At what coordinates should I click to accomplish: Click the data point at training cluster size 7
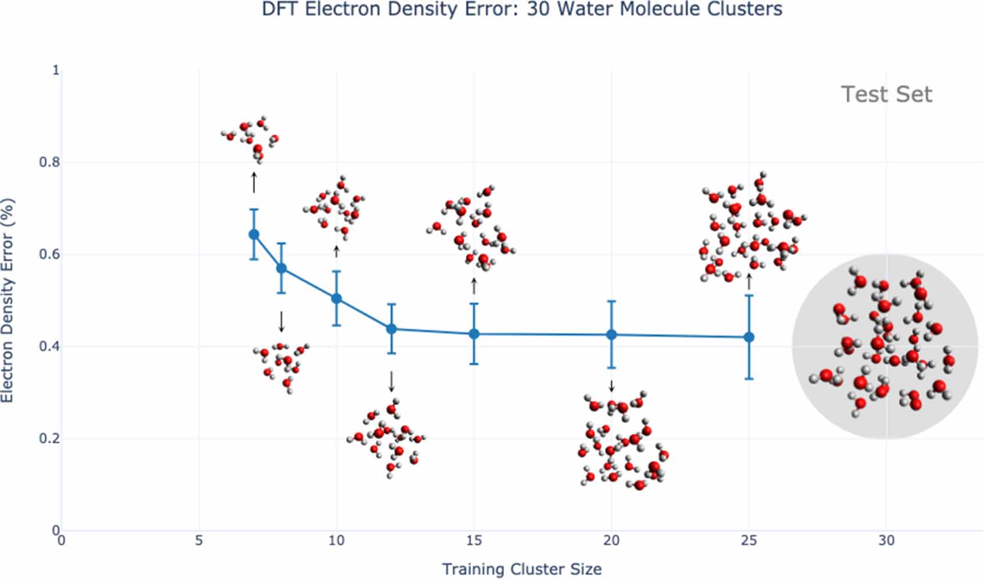pos(254,234)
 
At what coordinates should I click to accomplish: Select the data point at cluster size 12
pos(391,329)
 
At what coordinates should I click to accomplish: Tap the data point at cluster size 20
pos(612,335)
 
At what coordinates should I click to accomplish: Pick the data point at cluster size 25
pos(749,337)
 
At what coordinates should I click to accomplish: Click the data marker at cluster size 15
pos(473,334)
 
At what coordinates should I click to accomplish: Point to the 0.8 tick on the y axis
pos(49,162)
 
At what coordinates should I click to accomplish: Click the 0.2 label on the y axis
pos(49,439)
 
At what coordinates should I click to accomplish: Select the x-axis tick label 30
pos(886,540)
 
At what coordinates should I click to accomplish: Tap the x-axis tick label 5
pos(199,540)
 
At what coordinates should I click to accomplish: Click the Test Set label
pos(886,94)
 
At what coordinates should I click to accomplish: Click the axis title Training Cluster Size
pos(521,569)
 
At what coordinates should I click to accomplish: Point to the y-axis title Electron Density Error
pos(7,301)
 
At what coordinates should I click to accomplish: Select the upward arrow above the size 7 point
pos(254,183)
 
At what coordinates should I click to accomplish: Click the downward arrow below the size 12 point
pos(391,381)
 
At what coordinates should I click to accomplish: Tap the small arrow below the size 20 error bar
pos(612,386)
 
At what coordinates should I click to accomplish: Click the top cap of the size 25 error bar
pos(749,295)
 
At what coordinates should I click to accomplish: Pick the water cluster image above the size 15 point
pos(471,228)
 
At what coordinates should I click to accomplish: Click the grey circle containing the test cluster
pos(885,346)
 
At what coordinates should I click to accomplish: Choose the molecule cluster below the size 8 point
pos(281,366)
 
